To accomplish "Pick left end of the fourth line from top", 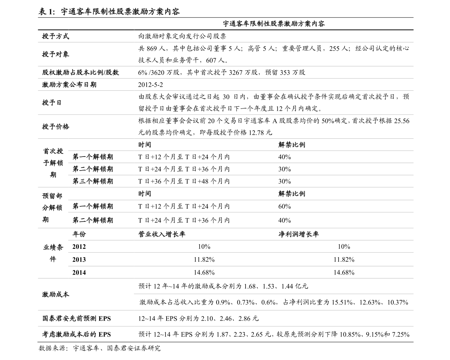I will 38,90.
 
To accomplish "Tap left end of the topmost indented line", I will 68,151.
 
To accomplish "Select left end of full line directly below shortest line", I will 38,310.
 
